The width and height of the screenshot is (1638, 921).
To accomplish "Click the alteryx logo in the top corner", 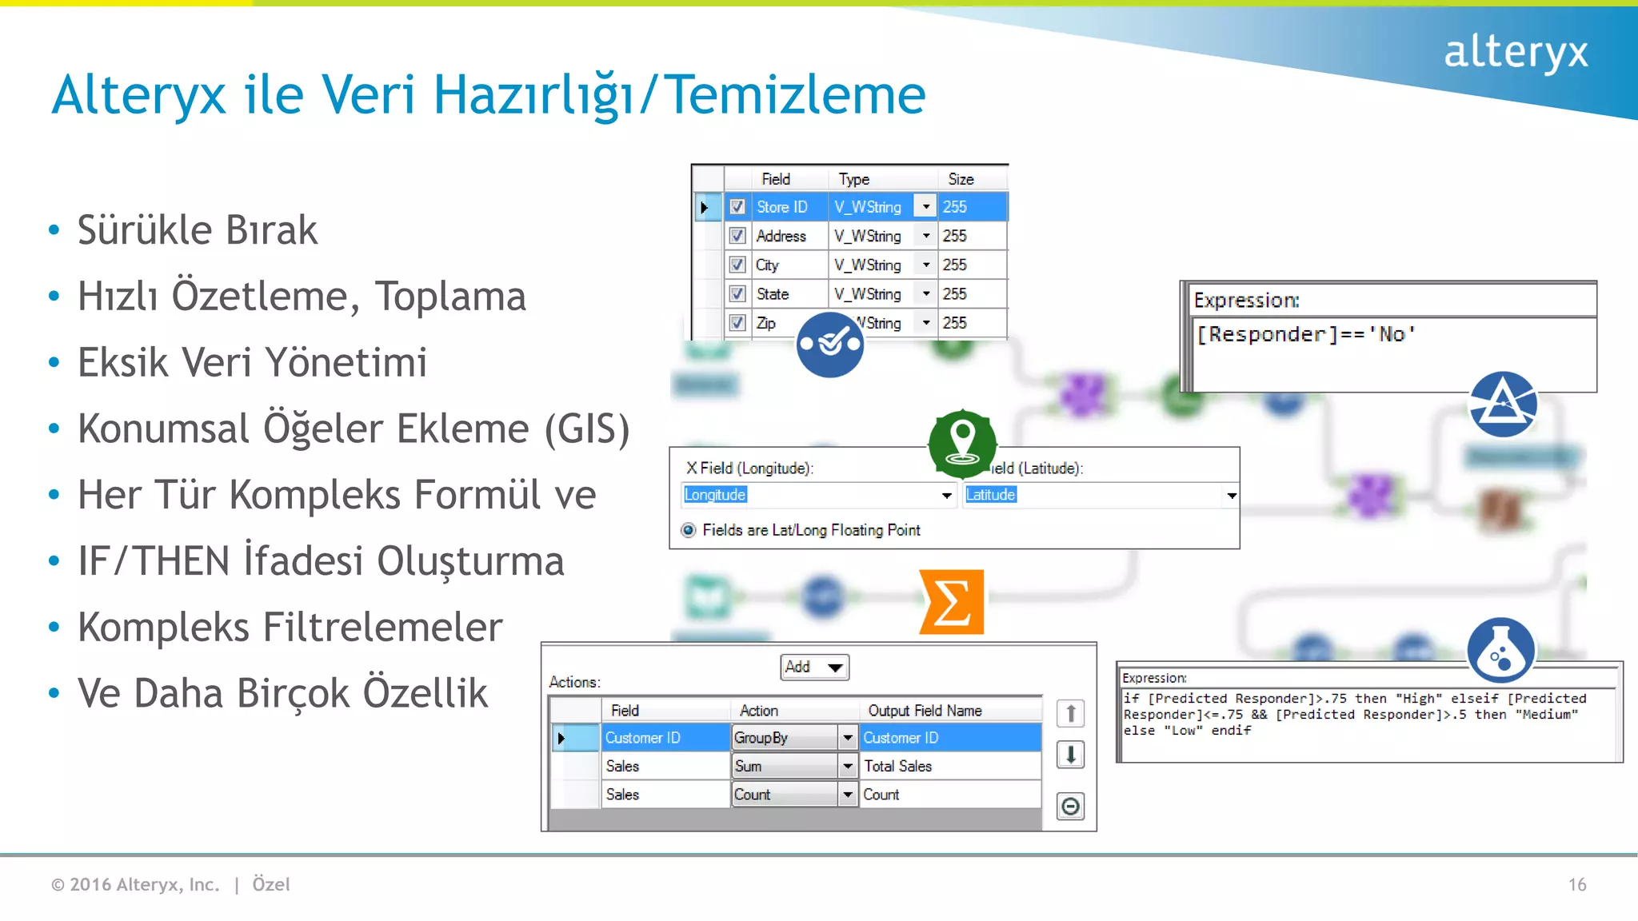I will click(1516, 52).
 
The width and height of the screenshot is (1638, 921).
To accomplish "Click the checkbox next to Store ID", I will click(737, 207).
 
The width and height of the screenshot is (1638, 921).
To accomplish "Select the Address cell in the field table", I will click(781, 236).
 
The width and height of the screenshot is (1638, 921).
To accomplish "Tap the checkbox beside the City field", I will click(737, 265).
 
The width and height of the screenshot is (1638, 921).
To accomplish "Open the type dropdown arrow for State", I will click(925, 294).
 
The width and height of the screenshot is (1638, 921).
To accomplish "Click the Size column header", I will click(961, 179).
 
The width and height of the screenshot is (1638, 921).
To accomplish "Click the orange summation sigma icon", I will click(951, 602).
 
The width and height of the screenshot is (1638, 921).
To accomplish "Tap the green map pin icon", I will click(962, 443).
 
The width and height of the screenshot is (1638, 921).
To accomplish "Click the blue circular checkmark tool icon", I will click(830, 344).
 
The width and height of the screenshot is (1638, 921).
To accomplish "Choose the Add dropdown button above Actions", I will click(814, 667).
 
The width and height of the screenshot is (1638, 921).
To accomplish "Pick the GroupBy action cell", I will click(785, 738).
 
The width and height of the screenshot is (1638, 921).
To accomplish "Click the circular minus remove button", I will click(1070, 806).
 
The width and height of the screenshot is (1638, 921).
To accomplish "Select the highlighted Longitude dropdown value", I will click(715, 495).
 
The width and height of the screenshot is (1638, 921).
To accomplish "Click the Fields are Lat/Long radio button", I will click(689, 530).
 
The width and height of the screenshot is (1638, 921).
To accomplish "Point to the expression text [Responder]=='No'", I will click(1305, 334).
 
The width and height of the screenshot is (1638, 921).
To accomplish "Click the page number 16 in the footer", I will click(1577, 884).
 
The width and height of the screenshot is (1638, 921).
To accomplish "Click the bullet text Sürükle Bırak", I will click(198, 230).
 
